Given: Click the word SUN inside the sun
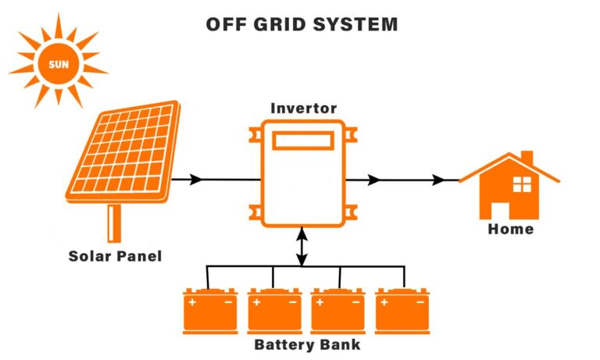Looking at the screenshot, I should click(x=58, y=62).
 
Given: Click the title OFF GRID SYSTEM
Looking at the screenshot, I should click(x=302, y=24).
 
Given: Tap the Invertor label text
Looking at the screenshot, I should click(x=304, y=108).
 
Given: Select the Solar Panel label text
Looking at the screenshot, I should click(x=115, y=255).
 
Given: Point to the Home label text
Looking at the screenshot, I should click(x=510, y=229).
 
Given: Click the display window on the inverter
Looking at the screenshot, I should click(x=303, y=141).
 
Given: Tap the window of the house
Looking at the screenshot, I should click(x=521, y=185).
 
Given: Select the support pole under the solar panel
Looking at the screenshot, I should click(x=115, y=222).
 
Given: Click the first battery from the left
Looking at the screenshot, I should click(x=210, y=312).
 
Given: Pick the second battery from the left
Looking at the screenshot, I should click(x=274, y=312).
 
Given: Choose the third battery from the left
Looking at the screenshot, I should click(x=338, y=312).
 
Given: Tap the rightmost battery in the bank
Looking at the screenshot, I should click(x=402, y=312).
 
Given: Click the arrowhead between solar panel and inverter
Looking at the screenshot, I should click(x=195, y=180).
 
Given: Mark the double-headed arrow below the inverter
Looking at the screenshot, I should click(x=303, y=246).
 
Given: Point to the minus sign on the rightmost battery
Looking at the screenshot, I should click(x=420, y=301).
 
